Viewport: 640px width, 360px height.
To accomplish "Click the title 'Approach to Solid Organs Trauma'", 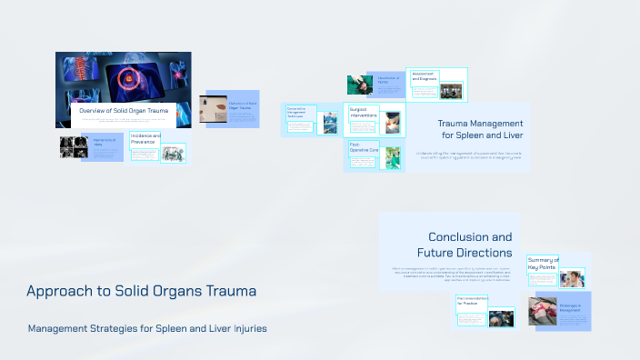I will [141, 292].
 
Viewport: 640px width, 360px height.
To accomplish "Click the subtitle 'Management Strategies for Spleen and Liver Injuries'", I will [147, 328].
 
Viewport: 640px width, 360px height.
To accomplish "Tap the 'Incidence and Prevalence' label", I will [145, 139].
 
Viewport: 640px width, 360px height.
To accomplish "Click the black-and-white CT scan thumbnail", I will [72, 147].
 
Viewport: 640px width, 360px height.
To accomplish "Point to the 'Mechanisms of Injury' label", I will [104, 143].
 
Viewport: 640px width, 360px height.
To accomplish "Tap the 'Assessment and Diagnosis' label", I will [424, 76].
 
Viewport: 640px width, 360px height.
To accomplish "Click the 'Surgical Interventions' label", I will [363, 114].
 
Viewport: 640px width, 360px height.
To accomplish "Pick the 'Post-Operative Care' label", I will [363, 147].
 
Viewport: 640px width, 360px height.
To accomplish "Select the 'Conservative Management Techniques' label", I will [299, 113].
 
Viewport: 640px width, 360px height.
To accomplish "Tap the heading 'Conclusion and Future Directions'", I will [464, 245].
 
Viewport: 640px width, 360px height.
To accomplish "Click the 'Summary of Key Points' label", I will [543, 264].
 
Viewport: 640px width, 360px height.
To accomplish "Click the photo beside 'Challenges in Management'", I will [543, 310].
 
